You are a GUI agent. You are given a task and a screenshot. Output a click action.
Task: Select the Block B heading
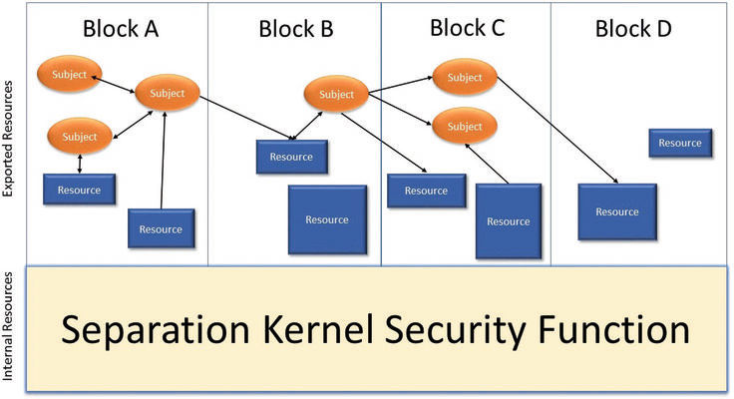295,28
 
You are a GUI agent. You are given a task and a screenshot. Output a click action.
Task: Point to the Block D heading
633,28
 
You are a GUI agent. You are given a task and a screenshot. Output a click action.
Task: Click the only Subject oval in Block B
336,95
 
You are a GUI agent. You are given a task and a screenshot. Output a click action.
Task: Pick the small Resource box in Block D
680,143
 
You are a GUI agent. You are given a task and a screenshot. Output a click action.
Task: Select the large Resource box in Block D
617,211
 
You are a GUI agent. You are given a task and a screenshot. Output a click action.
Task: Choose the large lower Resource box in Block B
326,219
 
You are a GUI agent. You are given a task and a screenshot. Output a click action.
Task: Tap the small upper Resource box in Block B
293,157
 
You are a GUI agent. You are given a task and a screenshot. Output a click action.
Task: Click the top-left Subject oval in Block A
68,73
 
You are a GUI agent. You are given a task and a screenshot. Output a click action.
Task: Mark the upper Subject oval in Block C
464,78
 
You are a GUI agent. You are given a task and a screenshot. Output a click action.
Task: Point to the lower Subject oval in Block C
464,127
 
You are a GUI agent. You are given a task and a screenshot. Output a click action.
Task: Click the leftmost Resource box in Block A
79,189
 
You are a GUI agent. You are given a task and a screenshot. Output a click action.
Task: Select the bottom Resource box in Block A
161,228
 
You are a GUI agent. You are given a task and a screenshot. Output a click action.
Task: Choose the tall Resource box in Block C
509,221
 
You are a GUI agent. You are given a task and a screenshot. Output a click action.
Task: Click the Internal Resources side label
9,328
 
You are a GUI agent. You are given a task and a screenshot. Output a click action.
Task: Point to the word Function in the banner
603,329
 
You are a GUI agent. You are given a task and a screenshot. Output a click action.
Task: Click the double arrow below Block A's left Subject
79,162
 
